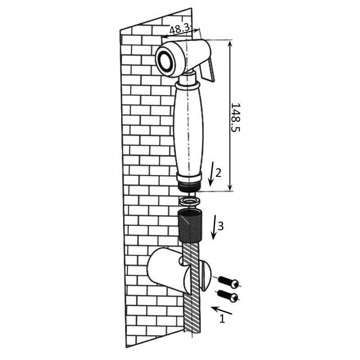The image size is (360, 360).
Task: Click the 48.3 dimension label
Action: point(180,29)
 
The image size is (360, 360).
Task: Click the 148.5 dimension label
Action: point(235,117)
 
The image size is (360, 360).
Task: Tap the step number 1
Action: point(222,319)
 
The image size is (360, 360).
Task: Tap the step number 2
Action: point(218,173)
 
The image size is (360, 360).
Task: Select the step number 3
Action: point(220,226)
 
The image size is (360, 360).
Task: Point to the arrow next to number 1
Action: point(222,310)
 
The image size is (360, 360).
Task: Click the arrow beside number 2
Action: point(211,174)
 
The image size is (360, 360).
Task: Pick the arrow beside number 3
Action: point(215,227)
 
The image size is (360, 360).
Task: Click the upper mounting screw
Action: point(228,282)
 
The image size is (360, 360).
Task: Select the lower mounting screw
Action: point(228,296)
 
